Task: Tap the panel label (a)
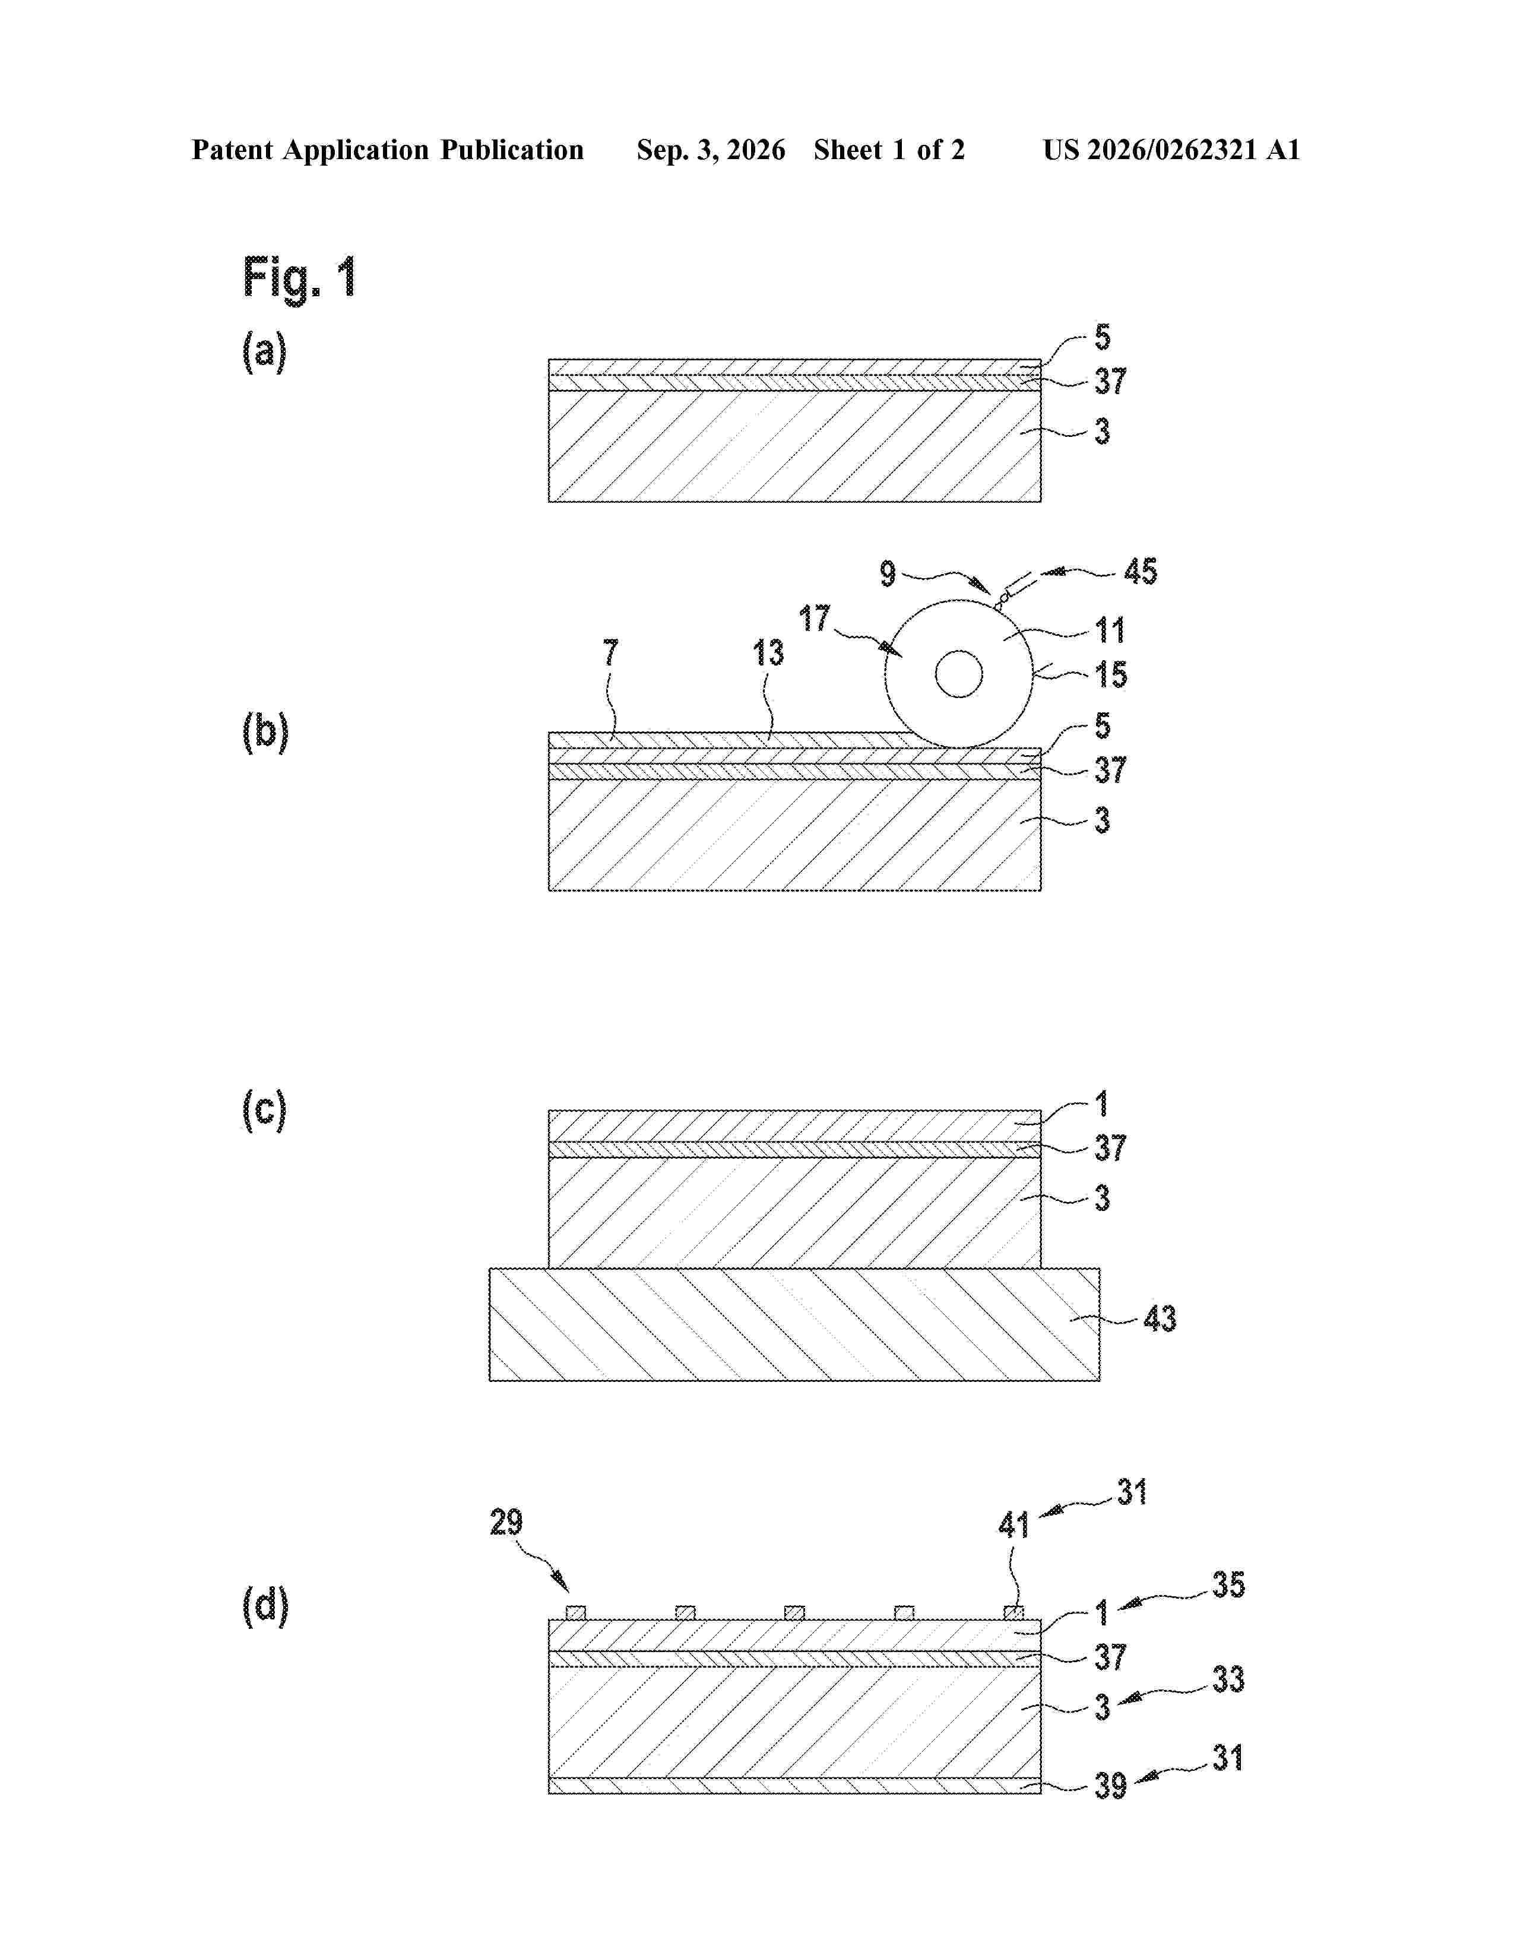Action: click(265, 351)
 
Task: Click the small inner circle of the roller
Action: click(959, 674)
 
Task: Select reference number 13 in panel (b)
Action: click(768, 653)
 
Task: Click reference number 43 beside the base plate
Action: click(1159, 1318)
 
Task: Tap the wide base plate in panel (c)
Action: click(794, 1324)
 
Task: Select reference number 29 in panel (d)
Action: click(506, 1522)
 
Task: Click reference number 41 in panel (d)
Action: click(1013, 1525)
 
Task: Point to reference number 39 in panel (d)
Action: click(1110, 1786)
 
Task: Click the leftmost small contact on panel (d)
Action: click(576, 1613)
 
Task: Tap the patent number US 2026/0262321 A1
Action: click(1171, 150)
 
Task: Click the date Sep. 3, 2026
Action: click(710, 150)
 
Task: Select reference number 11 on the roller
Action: click(1110, 630)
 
